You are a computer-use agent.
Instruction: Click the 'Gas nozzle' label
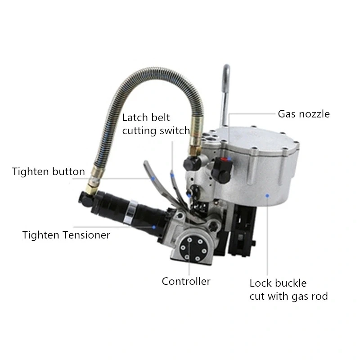[x=303, y=114]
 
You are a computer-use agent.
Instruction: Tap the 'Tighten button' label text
[x=49, y=171]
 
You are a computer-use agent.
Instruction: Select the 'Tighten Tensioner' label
[x=66, y=235]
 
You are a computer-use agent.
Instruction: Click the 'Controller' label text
[x=186, y=282]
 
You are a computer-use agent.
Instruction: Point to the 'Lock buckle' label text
[x=278, y=283]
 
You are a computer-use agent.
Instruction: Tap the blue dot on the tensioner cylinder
[x=154, y=228]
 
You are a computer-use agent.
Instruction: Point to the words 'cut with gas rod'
[x=288, y=296]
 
